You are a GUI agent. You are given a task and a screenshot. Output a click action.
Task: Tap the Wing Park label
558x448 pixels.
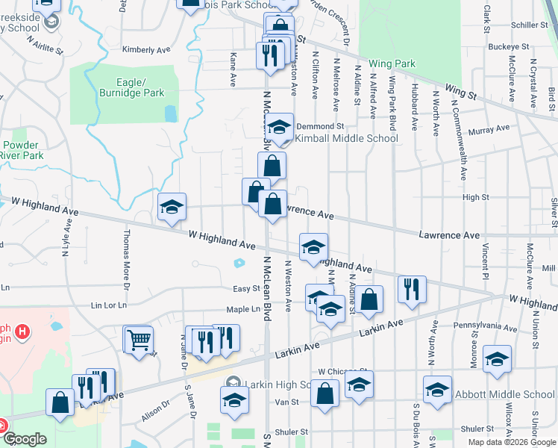click(392, 64)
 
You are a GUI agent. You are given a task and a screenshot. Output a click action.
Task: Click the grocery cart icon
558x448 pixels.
click(138, 340)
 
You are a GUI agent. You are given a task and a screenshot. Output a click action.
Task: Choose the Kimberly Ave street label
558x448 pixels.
click(146, 50)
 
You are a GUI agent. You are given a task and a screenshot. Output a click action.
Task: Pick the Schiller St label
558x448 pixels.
click(530, 25)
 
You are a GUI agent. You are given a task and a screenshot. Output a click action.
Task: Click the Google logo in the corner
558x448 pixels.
click(25, 439)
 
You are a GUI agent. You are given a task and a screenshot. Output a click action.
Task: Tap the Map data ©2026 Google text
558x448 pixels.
click(512, 442)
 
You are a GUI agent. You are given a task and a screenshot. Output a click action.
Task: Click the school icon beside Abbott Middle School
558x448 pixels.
click(437, 389)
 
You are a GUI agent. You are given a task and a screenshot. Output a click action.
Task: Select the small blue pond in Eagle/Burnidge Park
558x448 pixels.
click(171, 113)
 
